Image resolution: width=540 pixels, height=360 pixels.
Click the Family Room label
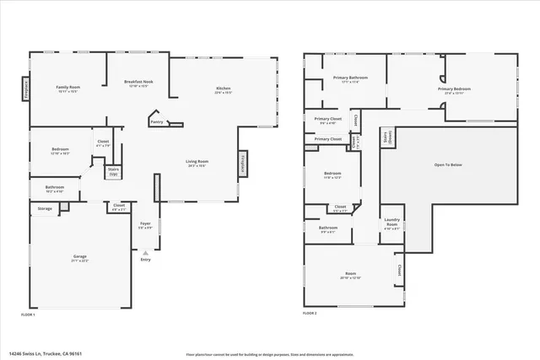click(x=67, y=88)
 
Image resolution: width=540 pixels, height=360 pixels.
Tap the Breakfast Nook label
click(x=137, y=82)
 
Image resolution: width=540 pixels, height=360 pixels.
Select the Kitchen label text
click(x=224, y=89)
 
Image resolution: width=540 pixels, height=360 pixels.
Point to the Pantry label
click(x=157, y=122)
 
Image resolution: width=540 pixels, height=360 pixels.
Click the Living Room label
click(x=197, y=162)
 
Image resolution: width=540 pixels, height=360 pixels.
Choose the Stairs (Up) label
click(x=113, y=171)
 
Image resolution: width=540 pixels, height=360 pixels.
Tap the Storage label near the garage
click(x=45, y=208)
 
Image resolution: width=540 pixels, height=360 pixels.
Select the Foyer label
click(x=145, y=224)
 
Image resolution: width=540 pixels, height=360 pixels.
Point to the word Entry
click(x=146, y=260)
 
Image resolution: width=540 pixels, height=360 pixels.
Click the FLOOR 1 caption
click(x=28, y=314)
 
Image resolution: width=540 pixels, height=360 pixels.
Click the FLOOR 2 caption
click(x=310, y=314)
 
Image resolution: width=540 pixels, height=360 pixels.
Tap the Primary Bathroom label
click(x=340, y=79)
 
